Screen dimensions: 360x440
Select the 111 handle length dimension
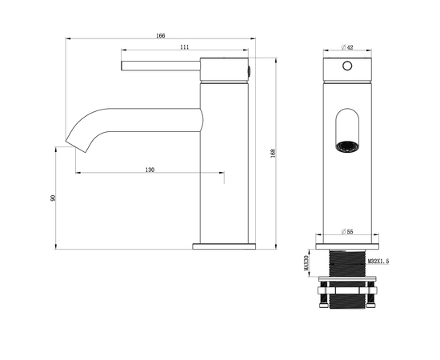[185, 47]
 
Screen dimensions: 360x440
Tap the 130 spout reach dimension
[150, 170]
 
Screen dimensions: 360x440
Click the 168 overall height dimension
[273, 153]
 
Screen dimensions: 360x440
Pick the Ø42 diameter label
[346, 46]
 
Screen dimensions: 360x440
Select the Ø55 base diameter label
[348, 231]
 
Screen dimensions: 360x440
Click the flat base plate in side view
[224, 246]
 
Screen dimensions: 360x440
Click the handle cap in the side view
[226, 70]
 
